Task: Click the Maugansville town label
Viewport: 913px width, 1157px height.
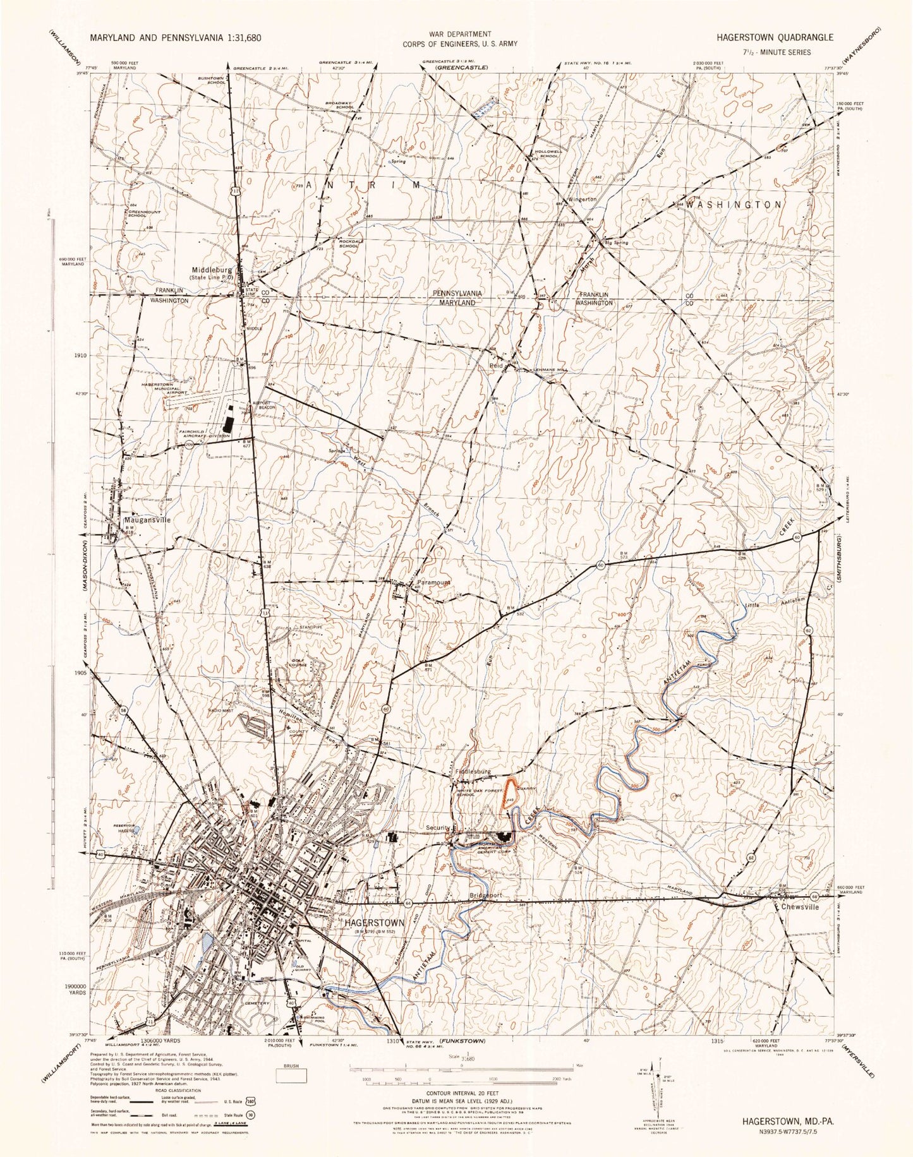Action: pyautogui.click(x=146, y=520)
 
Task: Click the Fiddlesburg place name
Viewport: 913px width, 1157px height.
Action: pyautogui.click(x=472, y=771)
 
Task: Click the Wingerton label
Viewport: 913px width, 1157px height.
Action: pyautogui.click(x=582, y=200)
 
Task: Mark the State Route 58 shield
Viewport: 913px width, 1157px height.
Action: pyautogui.click(x=124, y=711)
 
